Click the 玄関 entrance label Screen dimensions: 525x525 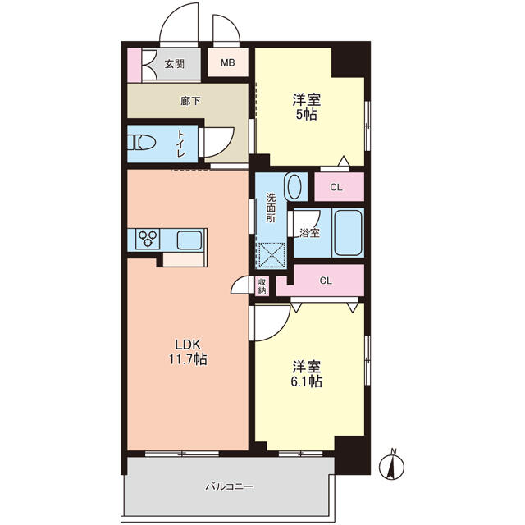174,64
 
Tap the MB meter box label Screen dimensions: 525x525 228,62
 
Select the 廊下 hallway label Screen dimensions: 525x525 190,100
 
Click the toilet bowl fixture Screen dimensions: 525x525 142,142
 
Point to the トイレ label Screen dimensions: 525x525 180,144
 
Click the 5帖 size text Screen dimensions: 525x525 306,115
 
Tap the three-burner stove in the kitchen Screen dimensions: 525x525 148,239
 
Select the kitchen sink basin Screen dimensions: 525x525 189,240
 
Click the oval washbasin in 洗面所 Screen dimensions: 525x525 294,187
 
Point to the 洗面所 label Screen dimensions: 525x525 271,208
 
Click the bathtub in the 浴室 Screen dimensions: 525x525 348,233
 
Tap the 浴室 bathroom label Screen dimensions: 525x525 309,233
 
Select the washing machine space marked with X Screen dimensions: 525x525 272,256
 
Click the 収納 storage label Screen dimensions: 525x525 262,286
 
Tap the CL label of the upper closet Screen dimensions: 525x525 336,188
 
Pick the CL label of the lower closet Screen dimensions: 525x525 326,281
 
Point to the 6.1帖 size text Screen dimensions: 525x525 306,381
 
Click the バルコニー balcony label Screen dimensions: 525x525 230,486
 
